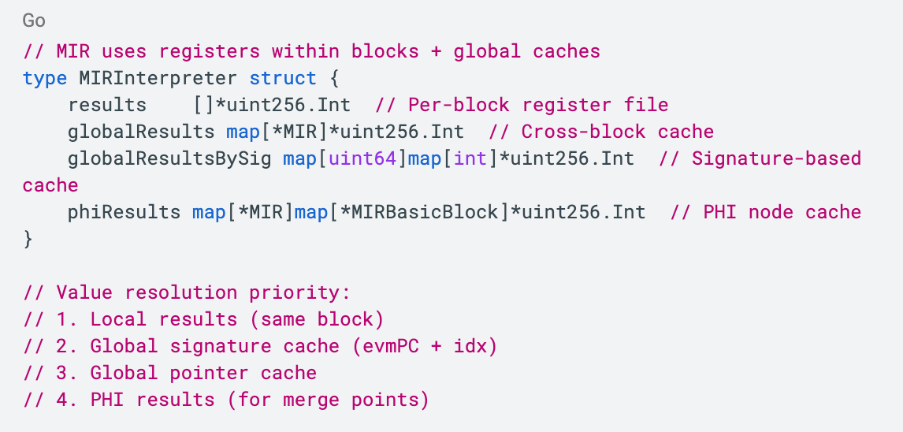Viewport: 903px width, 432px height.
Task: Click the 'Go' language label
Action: click(x=33, y=20)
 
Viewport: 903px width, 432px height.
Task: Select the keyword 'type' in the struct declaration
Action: click(x=44, y=79)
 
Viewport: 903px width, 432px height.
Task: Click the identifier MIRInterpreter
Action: click(x=158, y=79)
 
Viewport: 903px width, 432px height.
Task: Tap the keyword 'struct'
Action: click(x=283, y=79)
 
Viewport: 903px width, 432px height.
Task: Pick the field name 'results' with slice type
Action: click(x=107, y=106)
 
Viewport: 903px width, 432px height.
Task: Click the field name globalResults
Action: click(x=141, y=132)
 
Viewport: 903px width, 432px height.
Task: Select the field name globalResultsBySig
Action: click(x=169, y=159)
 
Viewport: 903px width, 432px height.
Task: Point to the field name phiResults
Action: click(x=124, y=213)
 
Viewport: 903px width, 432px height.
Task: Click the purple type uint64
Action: click(x=368, y=159)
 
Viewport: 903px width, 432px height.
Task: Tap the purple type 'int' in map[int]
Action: click(x=470, y=159)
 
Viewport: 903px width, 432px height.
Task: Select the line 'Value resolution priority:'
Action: click(x=186, y=293)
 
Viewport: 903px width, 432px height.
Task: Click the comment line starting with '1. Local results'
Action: click(x=203, y=320)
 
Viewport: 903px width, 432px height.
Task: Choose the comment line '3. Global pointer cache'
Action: click(x=169, y=374)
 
